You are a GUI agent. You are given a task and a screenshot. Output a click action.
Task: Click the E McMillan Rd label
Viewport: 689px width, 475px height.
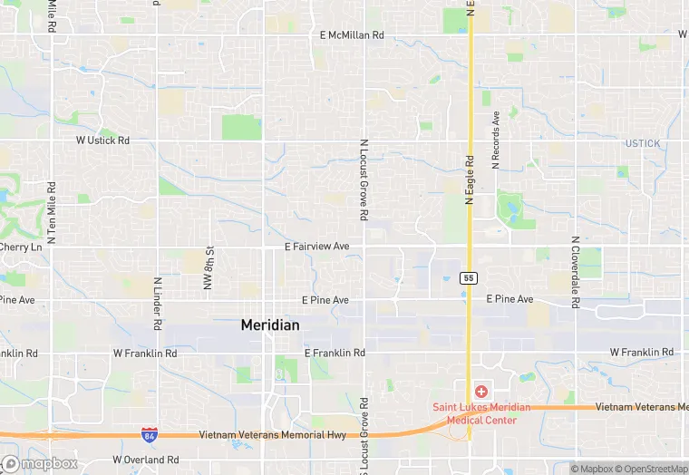[x=353, y=35]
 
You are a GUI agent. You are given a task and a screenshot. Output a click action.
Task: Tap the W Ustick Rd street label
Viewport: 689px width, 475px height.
[x=102, y=141]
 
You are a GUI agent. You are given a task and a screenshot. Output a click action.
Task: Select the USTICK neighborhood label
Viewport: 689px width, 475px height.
[x=643, y=144]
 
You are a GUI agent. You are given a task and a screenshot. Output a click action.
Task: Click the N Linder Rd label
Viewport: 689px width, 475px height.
[x=158, y=304]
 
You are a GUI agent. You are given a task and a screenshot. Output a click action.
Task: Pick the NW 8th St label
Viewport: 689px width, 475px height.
[x=209, y=267]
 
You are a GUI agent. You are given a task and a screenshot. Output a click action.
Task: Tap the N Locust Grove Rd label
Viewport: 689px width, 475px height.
[x=364, y=180]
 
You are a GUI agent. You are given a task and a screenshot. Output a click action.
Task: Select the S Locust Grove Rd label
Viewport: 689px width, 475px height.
[x=364, y=435]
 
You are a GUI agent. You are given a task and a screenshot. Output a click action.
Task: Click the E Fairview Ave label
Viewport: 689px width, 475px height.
[x=316, y=247]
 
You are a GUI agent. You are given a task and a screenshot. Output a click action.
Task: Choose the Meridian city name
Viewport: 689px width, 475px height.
[x=270, y=325]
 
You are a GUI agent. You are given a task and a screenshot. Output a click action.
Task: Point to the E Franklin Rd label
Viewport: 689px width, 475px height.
[x=335, y=352]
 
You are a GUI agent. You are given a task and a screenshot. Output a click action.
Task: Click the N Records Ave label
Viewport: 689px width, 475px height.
[x=496, y=141]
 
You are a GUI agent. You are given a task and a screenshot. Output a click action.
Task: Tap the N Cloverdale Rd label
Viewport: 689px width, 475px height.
[x=575, y=272]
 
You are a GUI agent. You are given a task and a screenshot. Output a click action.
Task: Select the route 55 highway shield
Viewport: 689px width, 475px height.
[x=468, y=277]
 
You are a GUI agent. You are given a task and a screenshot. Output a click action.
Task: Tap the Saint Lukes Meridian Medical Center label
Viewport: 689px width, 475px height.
[x=480, y=413]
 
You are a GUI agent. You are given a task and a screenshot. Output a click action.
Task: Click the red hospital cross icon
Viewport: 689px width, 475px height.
[x=480, y=392]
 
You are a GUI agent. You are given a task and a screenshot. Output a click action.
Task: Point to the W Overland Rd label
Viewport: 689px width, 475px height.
[x=147, y=460]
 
